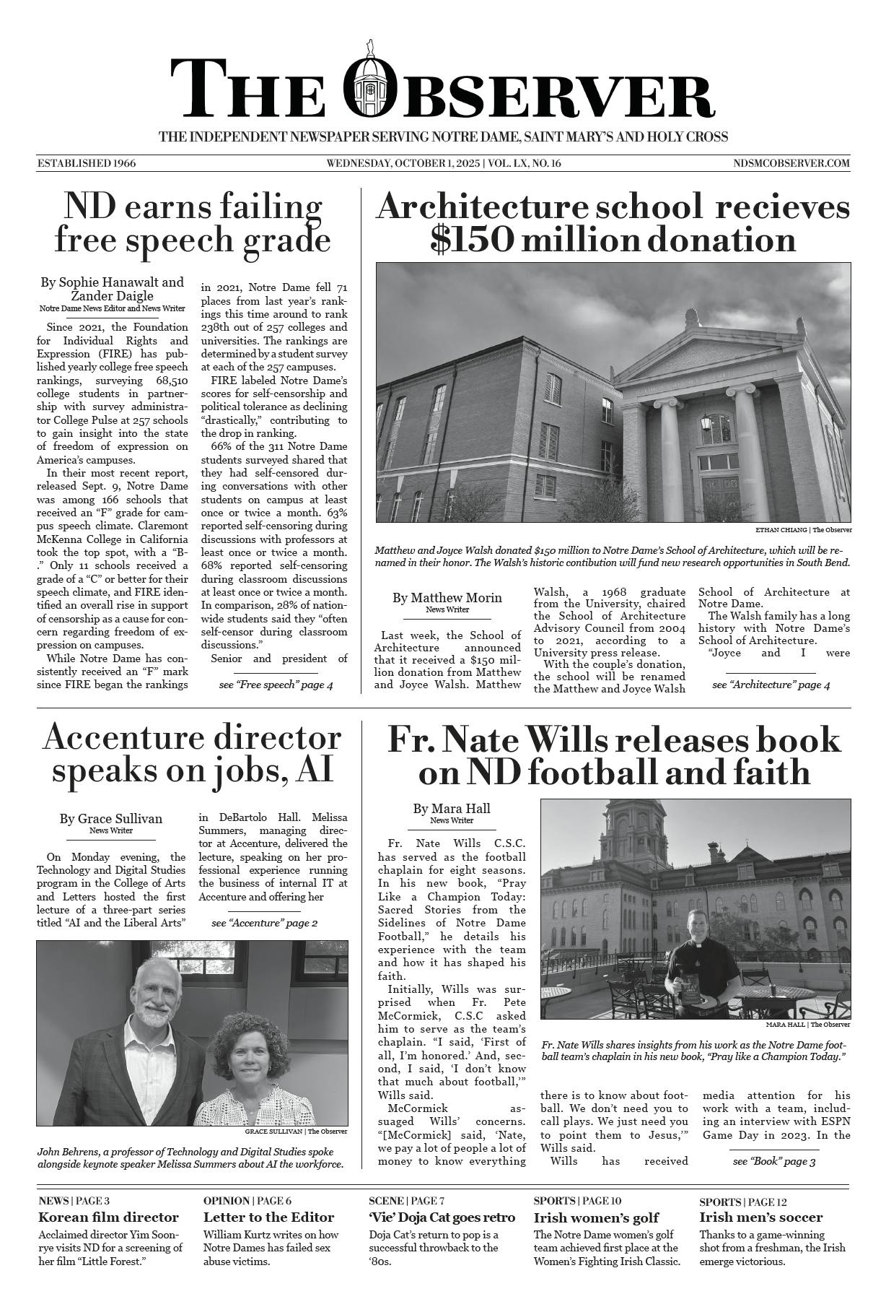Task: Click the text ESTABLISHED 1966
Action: coord(87,163)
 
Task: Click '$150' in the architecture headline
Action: coord(472,240)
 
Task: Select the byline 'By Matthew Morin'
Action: coord(447,598)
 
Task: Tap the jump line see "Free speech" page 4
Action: coord(276,684)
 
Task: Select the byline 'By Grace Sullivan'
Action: coord(110,819)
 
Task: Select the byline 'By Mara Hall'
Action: coord(452,809)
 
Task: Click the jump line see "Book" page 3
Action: coord(773,1181)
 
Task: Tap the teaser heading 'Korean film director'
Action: coord(108,1217)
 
